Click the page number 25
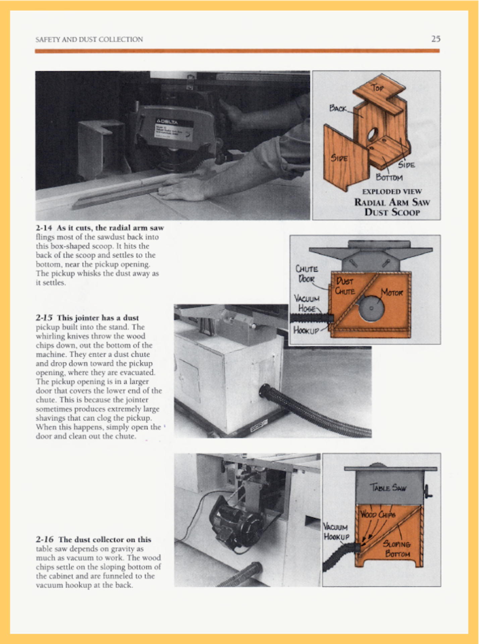[x=435, y=39]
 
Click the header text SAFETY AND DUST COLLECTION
[x=89, y=39]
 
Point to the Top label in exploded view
[x=377, y=88]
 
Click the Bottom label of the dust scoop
[x=389, y=177]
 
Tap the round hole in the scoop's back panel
[x=372, y=135]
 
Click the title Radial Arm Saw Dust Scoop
[x=392, y=207]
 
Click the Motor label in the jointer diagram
[x=392, y=292]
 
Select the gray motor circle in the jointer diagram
[x=371, y=308]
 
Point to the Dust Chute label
[x=345, y=286]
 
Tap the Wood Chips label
[x=378, y=514]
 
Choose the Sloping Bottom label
[x=397, y=549]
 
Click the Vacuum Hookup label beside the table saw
[x=336, y=532]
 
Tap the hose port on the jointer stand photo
[x=265, y=391]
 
